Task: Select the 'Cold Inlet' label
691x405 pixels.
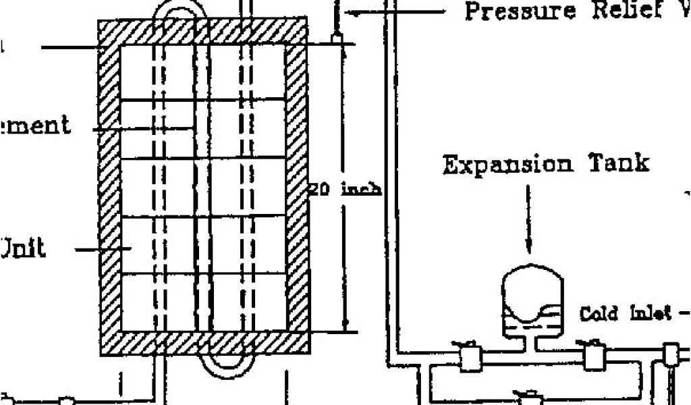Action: click(626, 313)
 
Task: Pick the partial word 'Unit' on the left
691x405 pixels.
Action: click(23, 248)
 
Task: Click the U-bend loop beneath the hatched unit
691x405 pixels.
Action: click(227, 366)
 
